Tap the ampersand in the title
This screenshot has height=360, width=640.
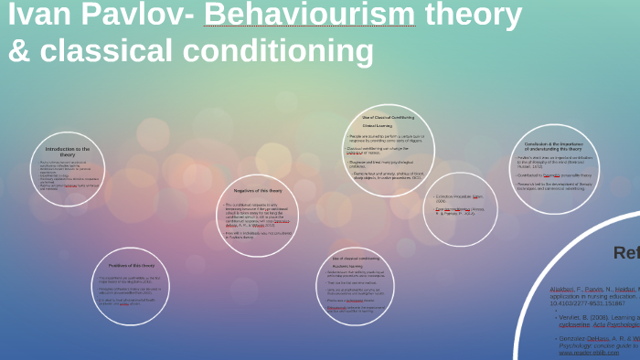(19, 51)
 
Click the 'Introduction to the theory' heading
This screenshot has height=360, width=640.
(68, 152)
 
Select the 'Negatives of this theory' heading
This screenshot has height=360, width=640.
(257, 190)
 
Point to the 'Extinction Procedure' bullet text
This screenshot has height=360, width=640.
(460, 196)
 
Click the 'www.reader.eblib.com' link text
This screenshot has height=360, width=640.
(587, 353)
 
